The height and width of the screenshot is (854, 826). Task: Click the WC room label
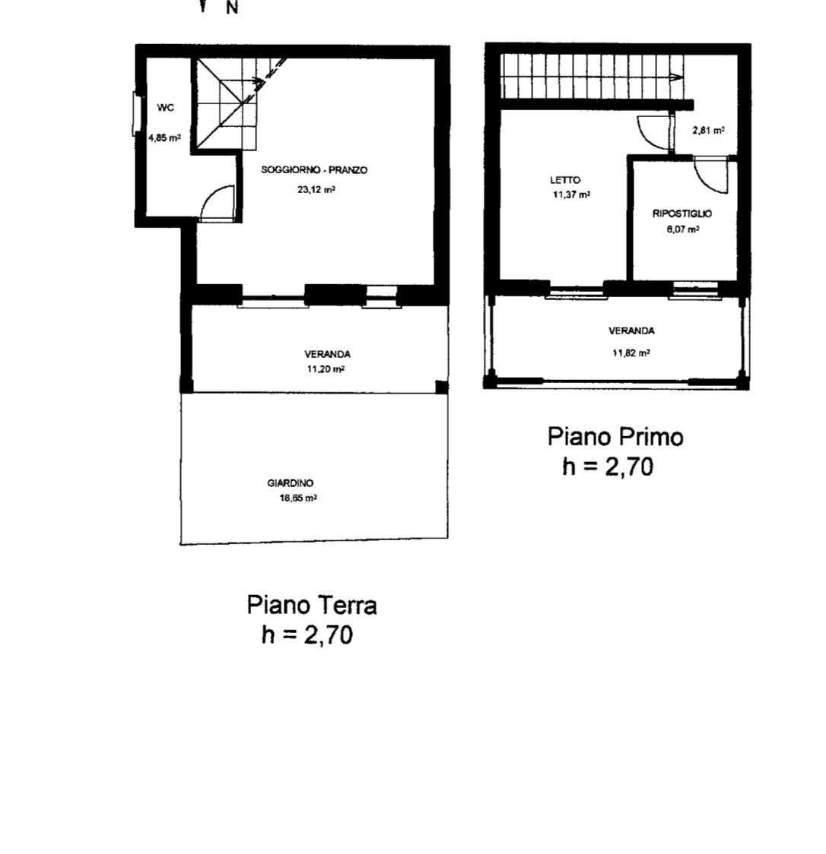pos(165,108)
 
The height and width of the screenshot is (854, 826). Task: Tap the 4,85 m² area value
pos(164,138)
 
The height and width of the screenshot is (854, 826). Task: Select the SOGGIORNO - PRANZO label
pos(314,170)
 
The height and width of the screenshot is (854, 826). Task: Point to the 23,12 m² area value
pos(316,189)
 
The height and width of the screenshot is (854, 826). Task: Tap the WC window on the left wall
pos(136,114)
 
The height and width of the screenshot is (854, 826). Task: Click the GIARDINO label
pos(290,483)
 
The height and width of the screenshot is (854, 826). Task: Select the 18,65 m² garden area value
pos(298,498)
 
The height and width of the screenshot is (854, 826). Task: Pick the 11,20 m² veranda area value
pos(326,368)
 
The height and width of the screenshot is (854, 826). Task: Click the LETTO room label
pos(565,180)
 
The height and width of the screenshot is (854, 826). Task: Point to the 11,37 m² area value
pos(571,195)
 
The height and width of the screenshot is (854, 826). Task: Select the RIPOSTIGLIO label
pos(682,214)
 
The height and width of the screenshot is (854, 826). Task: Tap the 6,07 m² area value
pos(682,229)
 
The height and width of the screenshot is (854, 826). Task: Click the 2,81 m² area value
pos(708,131)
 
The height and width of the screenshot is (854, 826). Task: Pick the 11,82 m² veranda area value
pos(631,353)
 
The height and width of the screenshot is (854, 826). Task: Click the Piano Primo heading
pos(615,437)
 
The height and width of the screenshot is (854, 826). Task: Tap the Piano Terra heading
pos(312,605)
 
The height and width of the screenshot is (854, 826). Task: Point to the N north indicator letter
pos(232,8)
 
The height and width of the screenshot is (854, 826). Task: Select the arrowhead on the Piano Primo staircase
pos(677,77)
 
